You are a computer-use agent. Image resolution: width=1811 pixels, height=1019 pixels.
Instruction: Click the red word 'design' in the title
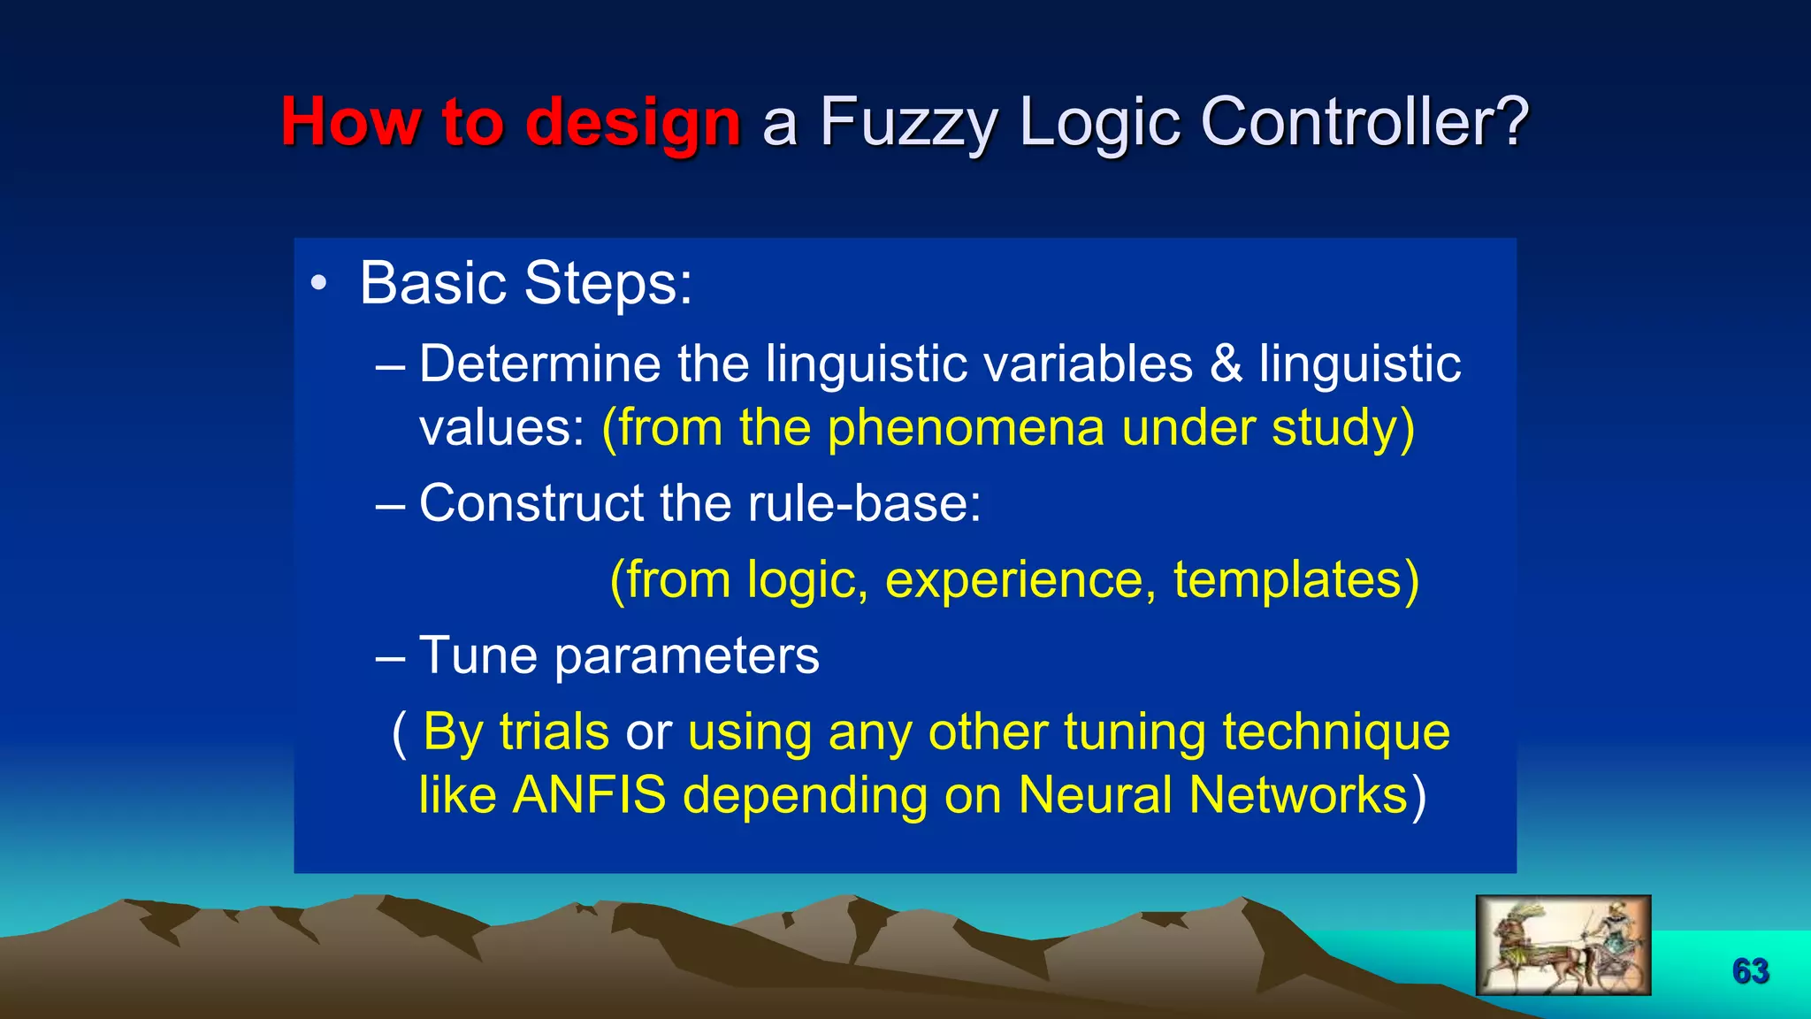point(632,123)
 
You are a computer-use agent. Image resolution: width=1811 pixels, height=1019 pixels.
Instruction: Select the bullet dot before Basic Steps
point(318,284)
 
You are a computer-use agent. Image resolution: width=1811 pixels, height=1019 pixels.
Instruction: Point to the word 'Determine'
point(539,364)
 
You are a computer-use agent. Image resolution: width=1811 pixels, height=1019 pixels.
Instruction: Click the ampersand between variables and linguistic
point(1226,364)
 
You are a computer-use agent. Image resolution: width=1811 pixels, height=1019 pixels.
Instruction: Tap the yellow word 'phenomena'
point(966,428)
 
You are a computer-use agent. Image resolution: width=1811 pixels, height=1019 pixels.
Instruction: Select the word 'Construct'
point(531,503)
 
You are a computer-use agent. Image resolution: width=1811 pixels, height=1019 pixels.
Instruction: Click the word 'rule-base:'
point(864,503)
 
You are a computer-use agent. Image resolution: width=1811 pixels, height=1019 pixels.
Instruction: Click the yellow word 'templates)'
point(1295,580)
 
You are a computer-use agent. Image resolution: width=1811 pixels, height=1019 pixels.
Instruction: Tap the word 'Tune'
point(478,655)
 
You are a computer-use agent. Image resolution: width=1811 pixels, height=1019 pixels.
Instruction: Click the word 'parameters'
point(687,657)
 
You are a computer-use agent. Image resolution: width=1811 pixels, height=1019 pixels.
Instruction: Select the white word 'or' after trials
point(648,733)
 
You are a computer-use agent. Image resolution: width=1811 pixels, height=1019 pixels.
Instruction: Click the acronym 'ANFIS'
point(589,795)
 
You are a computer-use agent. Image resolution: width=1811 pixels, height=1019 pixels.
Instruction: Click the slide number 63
point(1750,971)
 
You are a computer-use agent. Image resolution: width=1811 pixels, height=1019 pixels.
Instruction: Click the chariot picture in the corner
point(1563,945)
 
